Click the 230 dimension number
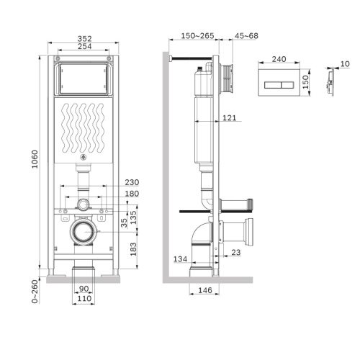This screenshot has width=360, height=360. pyautogui.click(x=130, y=183)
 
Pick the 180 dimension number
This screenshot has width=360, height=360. pyautogui.click(x=130, y=193)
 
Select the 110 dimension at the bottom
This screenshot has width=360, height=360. pyautogui.click(x=84, y=297)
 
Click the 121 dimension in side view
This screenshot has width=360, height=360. pyautogui.click(x=230, y=117)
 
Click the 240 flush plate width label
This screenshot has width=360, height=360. pyautogui.click(x=281, y=62)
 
